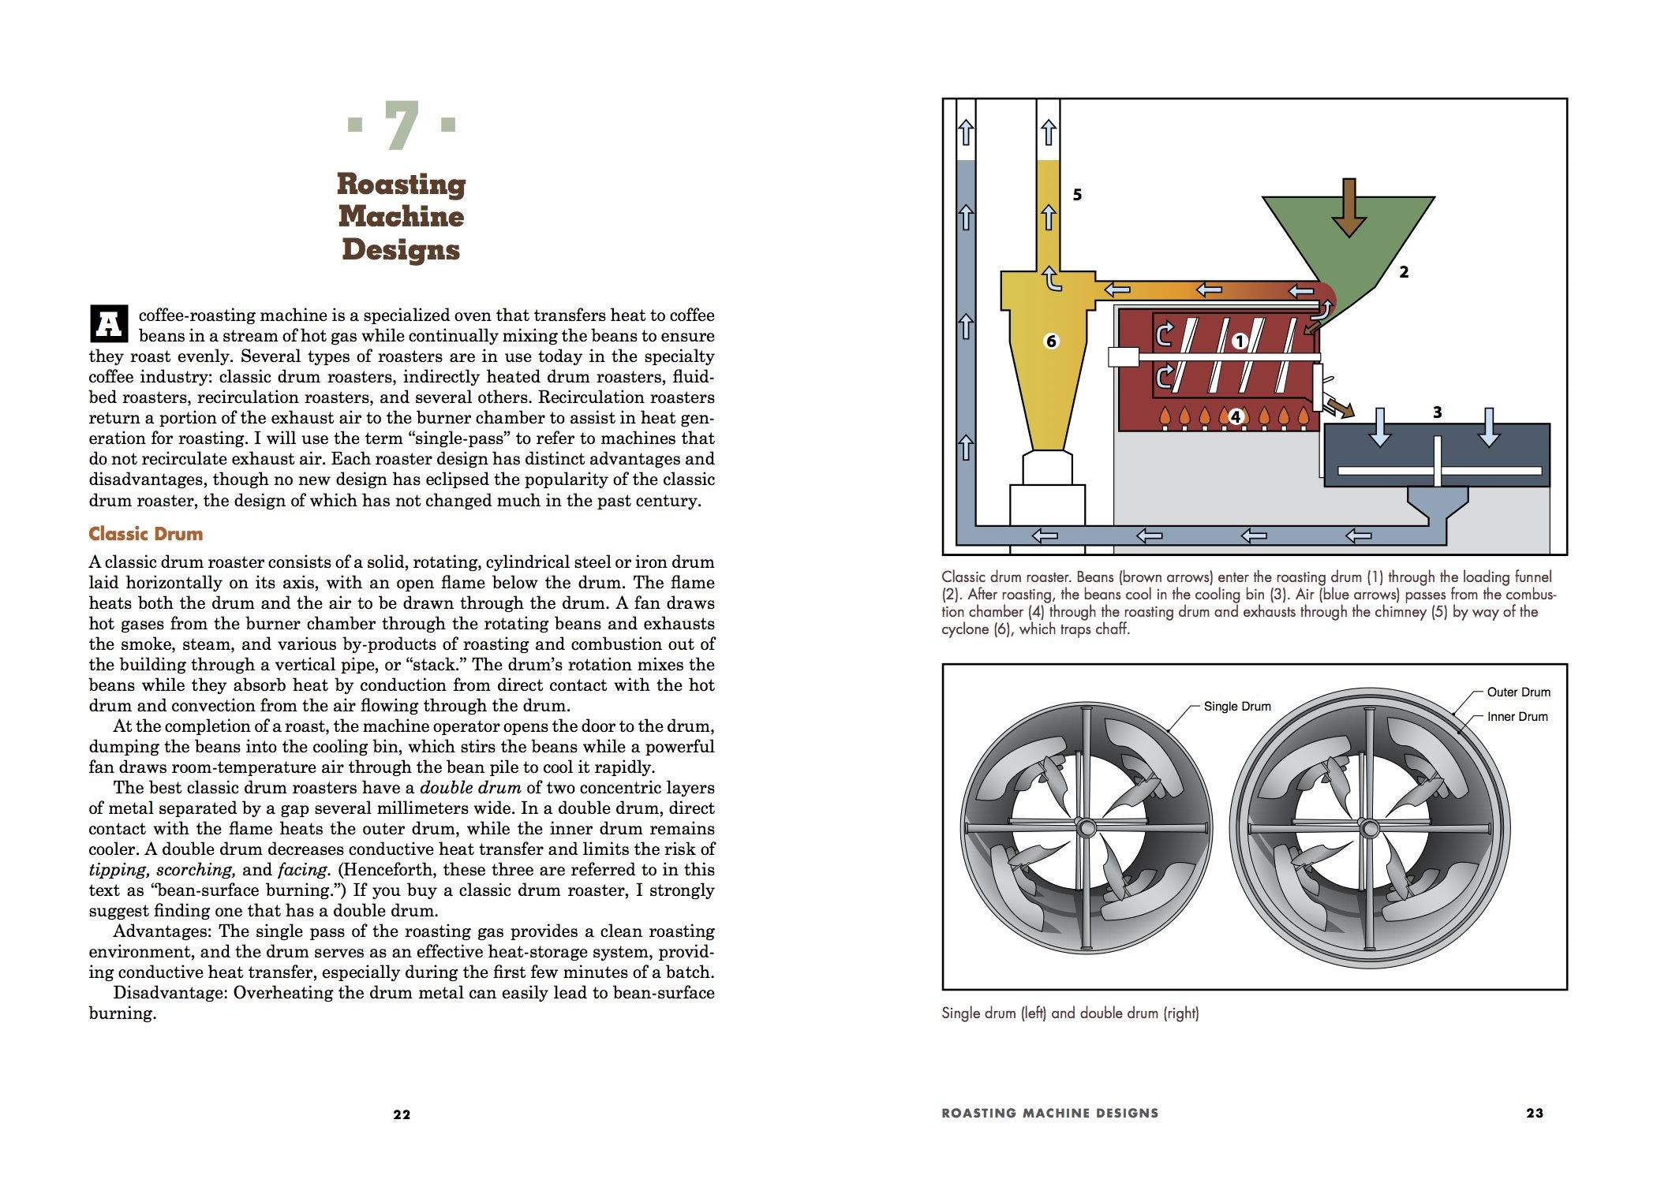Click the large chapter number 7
pyautogui.click(x=402, y=125)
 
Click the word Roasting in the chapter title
pyautogui.click(x=401, y=184)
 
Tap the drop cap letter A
pyautogui.click(x=109, y=323)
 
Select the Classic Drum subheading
pyautogui.click(x=145, y=534)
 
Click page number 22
pyautogui.click(x=402, y=1114)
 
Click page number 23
pyautogui.click(x=1534, y=1113)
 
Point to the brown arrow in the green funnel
pyautogui.click(x=1348, y=207)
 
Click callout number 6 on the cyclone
pyautogui.click(x=1051, y=341)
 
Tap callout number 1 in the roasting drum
pyautogui.click(x=1239, y=341)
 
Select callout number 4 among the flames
pyautogui.click(x=1236, y=416)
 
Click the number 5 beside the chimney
pyautogui.click(x=1077, y=194)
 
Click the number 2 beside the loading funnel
pyautogui.click(x=1404, y=272)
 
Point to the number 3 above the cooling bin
pyautogui.click(x=1437, y=412)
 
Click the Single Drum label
pyautogui.click(x=1236, y=707)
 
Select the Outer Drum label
pyautogui.click(x=1518, y=692)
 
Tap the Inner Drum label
pyautogui.click(x=1517, y=717)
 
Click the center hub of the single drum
pyautogui.click(x=1086, y=827)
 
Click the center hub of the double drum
pyautogui.click(x=1370, y=827)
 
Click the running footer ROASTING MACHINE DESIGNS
pyautogui.click(x=1049, y=1113)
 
